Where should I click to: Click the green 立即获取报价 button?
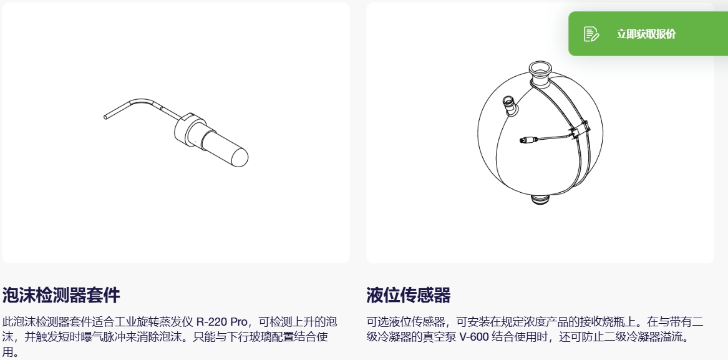[648, 34]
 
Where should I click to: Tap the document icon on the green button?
[591, 34]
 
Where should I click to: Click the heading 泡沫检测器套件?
[61, 295]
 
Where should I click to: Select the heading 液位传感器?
[409, 295]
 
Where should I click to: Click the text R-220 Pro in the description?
[222, 321]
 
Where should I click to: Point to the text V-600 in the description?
[474, 337]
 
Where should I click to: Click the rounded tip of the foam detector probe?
[240, 157]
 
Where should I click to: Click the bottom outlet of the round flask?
[540, 200]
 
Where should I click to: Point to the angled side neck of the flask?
[511, 105]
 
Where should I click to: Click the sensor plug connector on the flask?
[527, 140]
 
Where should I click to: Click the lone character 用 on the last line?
[8, 352]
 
